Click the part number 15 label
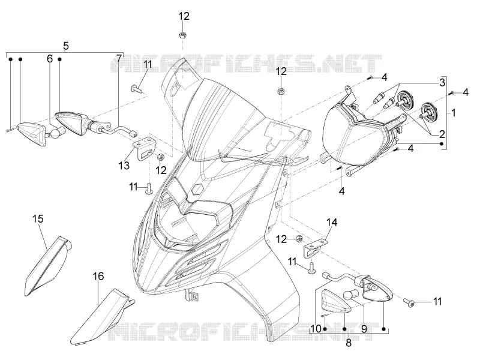[38, 219]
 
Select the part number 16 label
[98, 276]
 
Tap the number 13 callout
[124, 166]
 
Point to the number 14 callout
[332, 222]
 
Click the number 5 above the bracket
[66, 46]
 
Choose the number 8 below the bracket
[349, 343]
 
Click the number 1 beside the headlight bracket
[454, 113]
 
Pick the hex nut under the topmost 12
[182, 34]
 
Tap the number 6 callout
[50, 58]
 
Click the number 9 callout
[364, 329]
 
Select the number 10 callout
[316, 329]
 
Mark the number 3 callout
[442, 82]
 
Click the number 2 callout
[442, 134]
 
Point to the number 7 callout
[119, 58]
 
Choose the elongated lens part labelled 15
[48, 266]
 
